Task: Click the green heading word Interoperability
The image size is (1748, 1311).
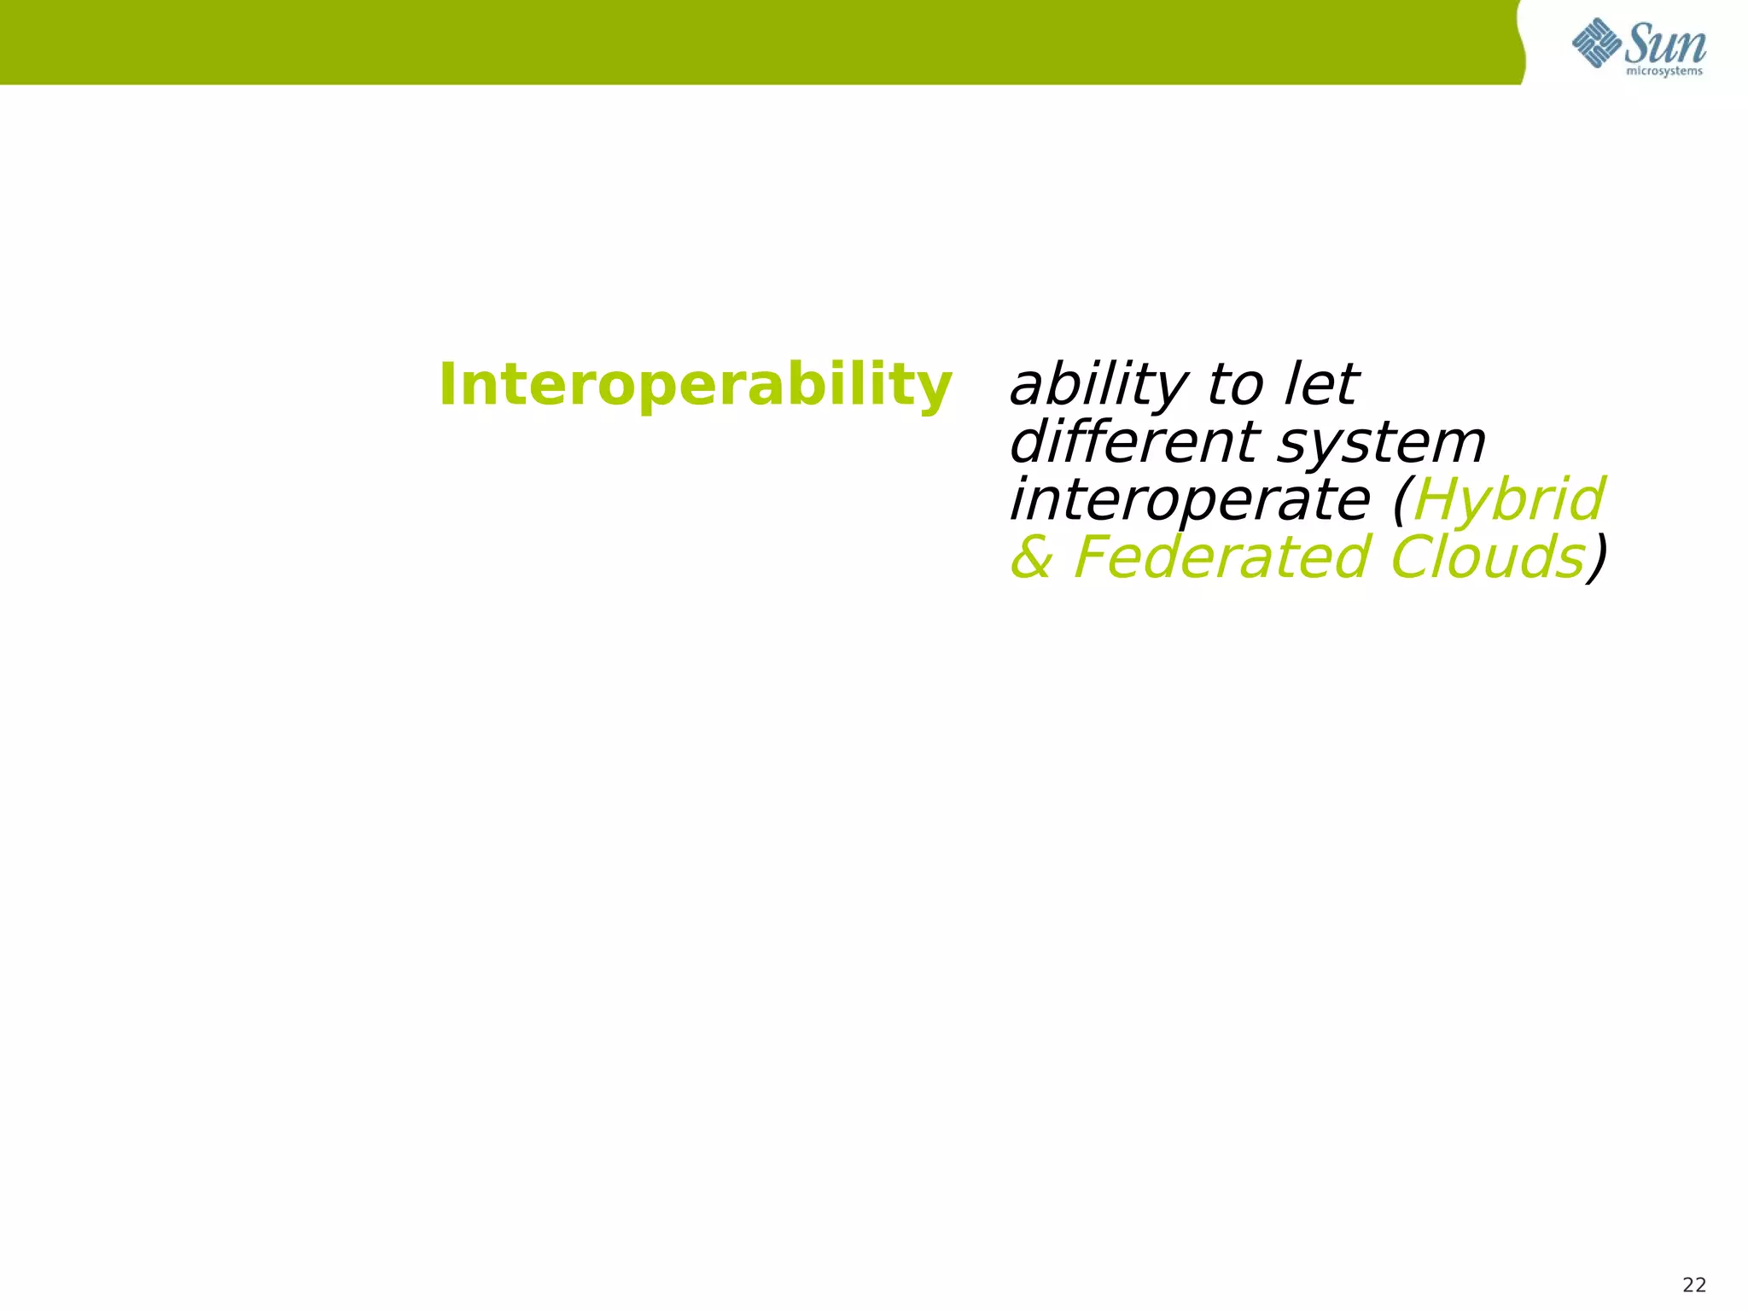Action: point(694,386)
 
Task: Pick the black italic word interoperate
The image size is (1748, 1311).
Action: point(1189,501)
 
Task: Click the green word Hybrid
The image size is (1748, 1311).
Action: point(1509,501)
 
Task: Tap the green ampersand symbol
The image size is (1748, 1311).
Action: point(1031,558)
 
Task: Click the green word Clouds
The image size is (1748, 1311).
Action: point(1487,558)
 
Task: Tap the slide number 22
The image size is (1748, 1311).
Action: point(1694,1285)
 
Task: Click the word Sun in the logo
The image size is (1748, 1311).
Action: point(1664,44)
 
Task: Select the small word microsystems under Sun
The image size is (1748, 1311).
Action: point(1664,72)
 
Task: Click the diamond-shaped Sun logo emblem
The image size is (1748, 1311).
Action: point(1597,43)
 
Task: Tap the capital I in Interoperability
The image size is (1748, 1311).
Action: point(446,385)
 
